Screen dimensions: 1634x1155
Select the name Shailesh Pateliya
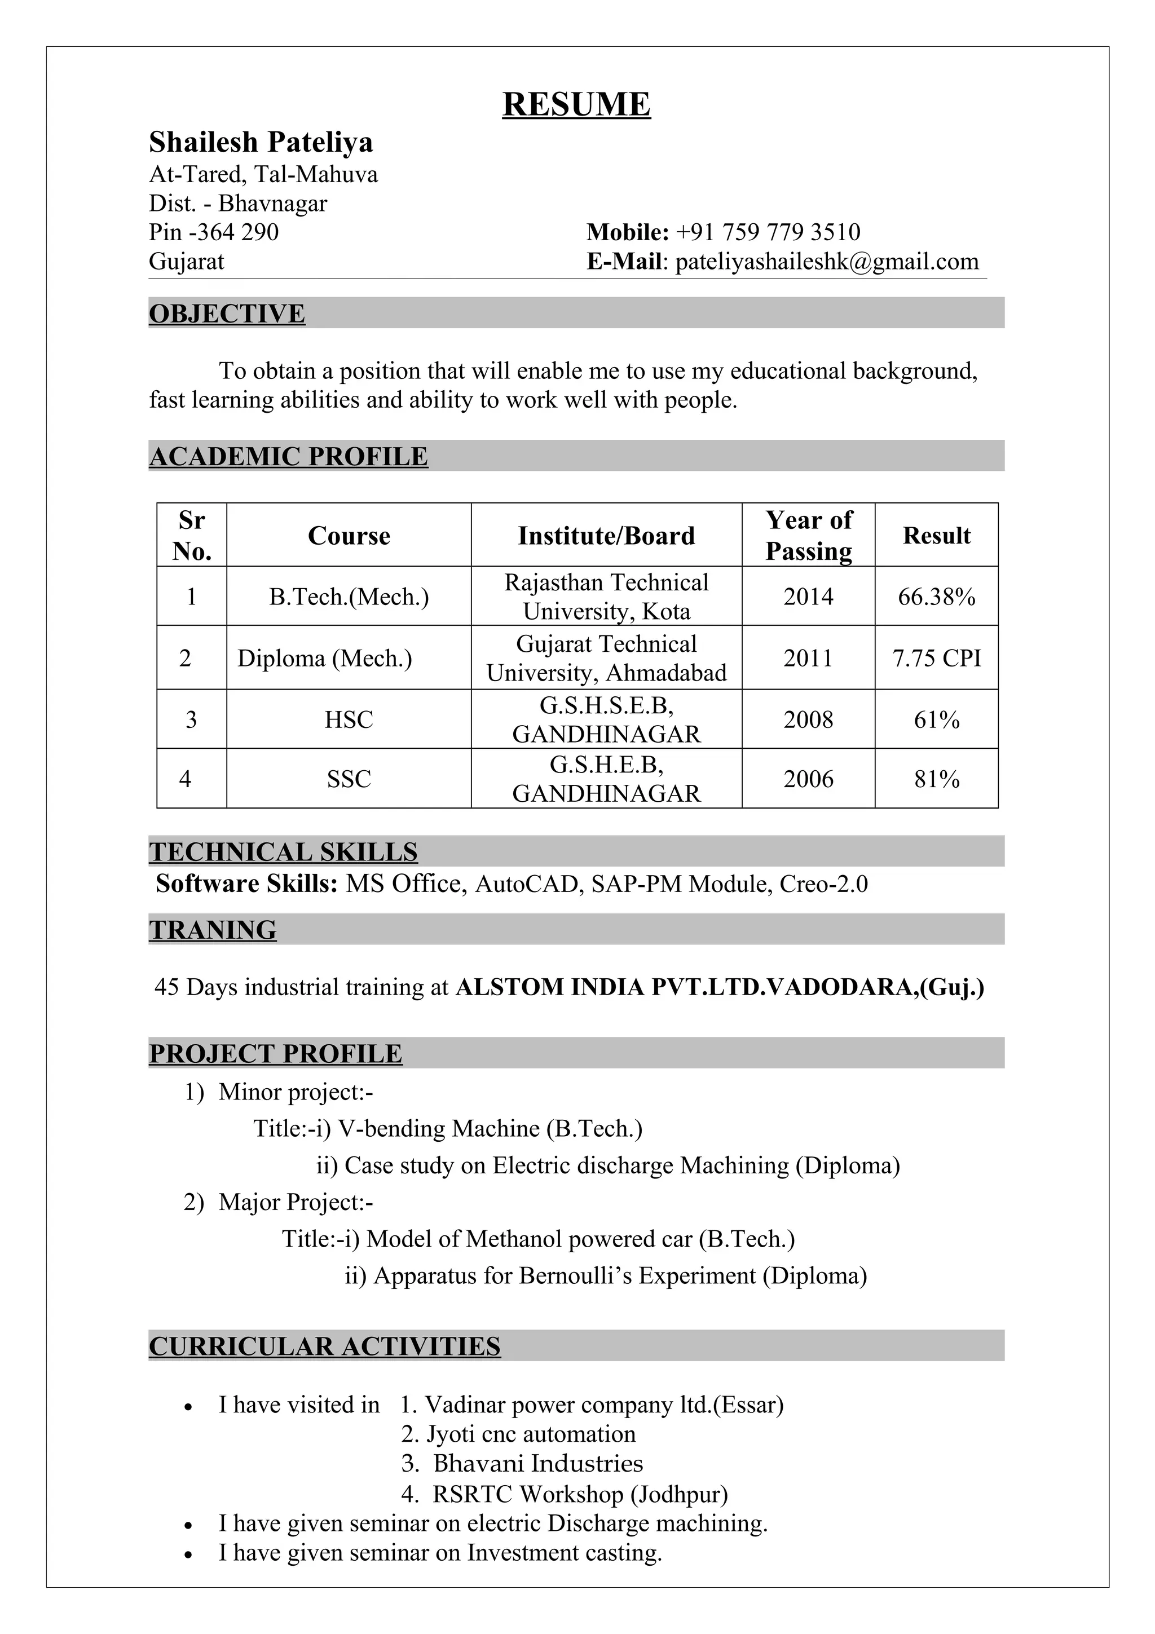click(261, 142)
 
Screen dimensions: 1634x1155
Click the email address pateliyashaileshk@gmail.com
click(826, 261)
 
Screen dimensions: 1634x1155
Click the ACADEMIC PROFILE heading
click(288, 456)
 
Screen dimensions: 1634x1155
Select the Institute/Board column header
click(606, 535)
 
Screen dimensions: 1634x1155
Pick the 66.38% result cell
click(936, 597)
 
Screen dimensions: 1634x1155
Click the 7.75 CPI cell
click(936, 657)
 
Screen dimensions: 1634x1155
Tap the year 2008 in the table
click(808, 719)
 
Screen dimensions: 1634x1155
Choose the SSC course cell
click(349, 779)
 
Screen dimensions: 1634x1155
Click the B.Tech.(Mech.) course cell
click(349, 597)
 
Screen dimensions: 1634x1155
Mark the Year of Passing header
click(808, 535)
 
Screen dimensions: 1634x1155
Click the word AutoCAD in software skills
click(526, 884)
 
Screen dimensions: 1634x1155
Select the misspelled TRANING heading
click(212, 929)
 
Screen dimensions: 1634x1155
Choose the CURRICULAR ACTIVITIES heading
click(324, 1346)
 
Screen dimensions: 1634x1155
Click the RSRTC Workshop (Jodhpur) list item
click(580, 1494)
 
